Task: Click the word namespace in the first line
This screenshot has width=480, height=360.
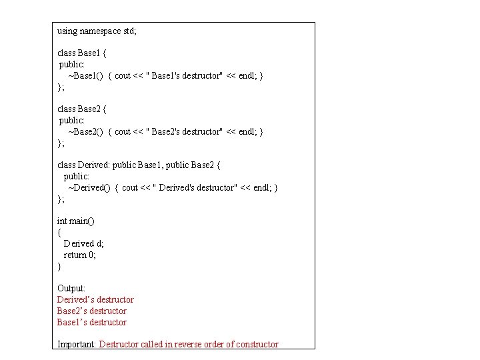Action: pos(100,31)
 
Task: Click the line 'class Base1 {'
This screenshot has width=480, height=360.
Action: pos(81,53)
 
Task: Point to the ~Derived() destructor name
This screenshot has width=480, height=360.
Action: pos(89,187)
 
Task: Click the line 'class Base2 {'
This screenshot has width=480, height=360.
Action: pos(81,109)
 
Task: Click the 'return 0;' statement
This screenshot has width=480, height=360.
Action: pos(79,255)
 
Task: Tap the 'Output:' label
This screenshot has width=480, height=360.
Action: pos(71,288)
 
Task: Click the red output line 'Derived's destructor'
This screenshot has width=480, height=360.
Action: pos(95,299)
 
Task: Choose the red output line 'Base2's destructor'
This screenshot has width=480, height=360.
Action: pos(91,311)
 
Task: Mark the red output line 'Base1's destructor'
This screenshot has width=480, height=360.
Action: pos(91,322)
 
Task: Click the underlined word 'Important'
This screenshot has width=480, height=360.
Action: pos(77,344)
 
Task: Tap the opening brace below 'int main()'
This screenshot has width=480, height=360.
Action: pos(59,232)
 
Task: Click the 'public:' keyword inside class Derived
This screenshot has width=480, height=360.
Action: pos(76,176)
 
